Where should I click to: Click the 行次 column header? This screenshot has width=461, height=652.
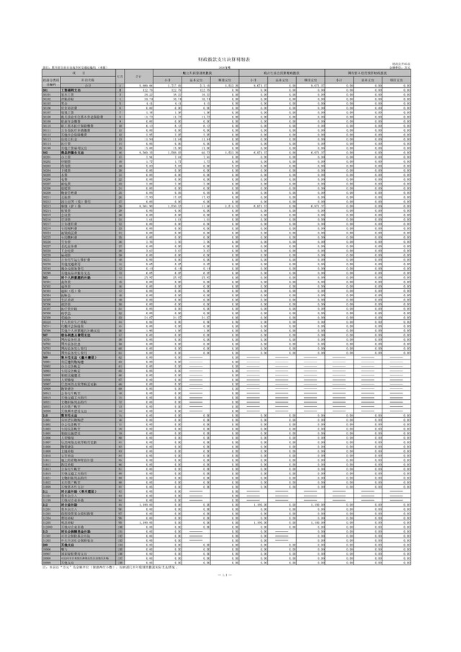pyautogui.click(x=119, y=76)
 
